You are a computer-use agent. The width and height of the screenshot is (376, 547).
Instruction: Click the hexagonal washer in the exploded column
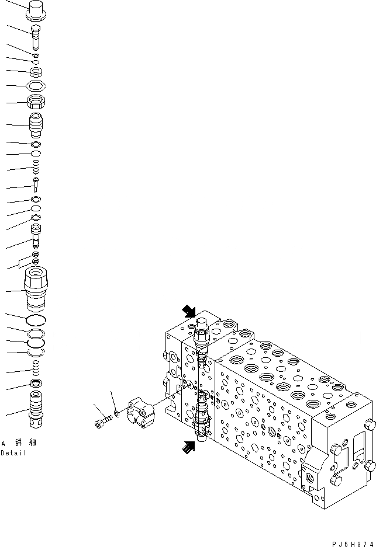[36, 86]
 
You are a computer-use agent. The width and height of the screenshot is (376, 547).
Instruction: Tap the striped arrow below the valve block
[188, 448]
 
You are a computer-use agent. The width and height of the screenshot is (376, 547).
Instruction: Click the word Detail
[13, 453]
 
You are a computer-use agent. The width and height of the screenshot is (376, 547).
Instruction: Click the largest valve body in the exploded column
[36, 289]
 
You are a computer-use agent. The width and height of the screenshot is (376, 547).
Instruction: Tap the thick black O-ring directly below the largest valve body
[36, 319]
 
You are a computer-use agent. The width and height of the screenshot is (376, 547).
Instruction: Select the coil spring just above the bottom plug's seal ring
[36, 368]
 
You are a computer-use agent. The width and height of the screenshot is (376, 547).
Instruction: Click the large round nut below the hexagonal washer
[36, 104]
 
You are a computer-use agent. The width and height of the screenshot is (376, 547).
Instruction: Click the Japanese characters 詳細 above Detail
[24, 443]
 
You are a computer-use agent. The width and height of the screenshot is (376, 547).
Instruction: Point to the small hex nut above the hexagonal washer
[36, 72]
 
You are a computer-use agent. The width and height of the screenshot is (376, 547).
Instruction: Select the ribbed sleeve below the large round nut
[36, 126]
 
